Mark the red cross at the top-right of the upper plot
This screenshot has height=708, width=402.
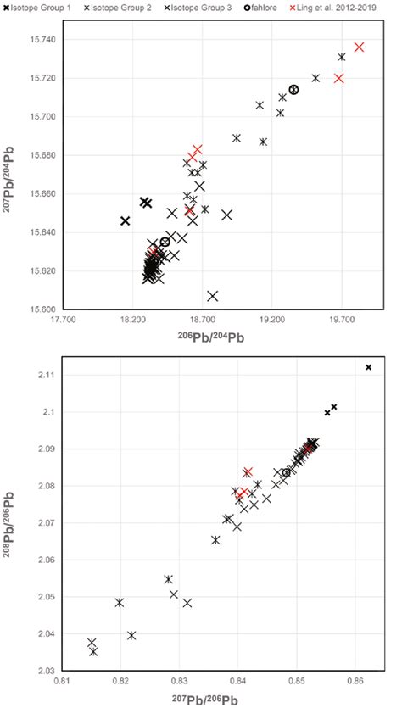click(360, 47)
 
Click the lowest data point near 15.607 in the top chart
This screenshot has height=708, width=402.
click(213, 296)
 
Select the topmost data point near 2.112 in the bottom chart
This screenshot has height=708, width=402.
click(369, 367)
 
